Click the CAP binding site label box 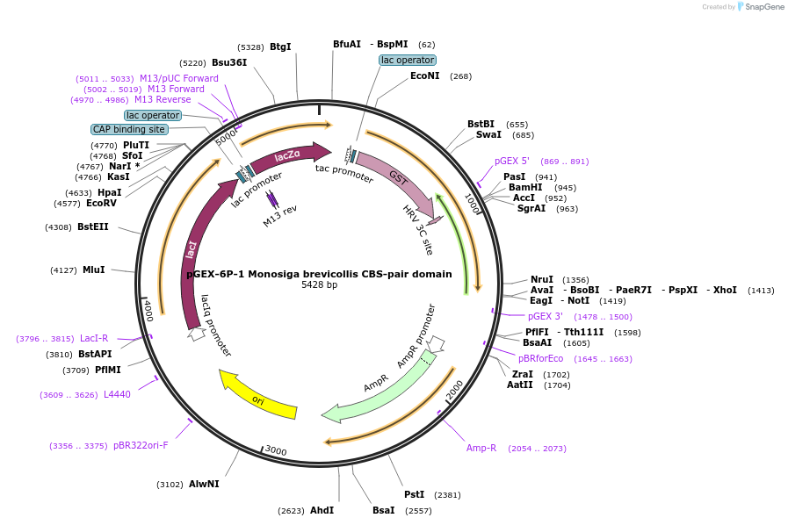pos(129,129)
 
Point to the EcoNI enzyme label pos(425,76)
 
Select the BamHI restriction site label pos(525,187)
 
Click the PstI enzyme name pos(414,494)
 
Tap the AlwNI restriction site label pos(204,484)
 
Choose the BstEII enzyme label pos(93,227)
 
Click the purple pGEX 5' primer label pos(512,162)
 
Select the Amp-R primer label pos(481,448)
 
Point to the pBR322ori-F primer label pos(141,445)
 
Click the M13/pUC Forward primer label pos(179,78)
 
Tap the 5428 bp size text pos(319,284)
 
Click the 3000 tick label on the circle pos(276,450)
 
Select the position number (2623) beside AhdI pos(291,511)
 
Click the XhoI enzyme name pos(725,290)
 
